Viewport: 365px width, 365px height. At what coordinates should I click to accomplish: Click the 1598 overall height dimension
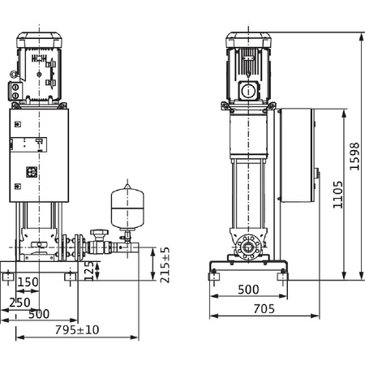[354, 157]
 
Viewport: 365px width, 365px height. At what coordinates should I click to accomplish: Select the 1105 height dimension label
[337, 195]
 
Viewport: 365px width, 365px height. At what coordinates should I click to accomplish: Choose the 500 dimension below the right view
[248, 290]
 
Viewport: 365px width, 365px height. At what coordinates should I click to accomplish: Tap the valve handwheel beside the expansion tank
[100, 233]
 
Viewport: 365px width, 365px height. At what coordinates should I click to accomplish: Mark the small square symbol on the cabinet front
[32, 172]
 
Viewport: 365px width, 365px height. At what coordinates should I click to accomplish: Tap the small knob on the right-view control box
[317, 173]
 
